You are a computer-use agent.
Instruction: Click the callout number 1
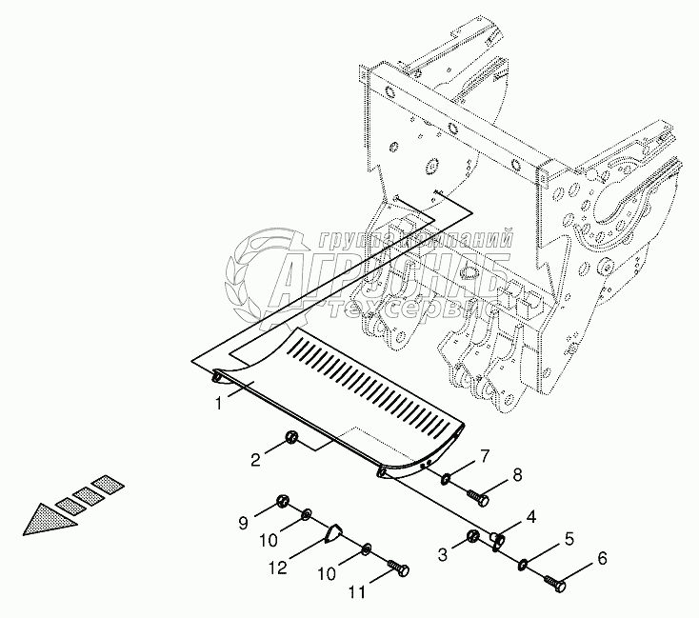pos(218,404)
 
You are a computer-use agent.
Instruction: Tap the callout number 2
pos(256,461)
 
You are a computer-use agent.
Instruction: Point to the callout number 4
pos(531,517)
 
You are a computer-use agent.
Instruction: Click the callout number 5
pos(569,539)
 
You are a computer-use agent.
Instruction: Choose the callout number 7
pos(485,456)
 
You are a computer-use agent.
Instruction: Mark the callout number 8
pos(517,474)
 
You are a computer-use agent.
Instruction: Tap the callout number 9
pos(243,522)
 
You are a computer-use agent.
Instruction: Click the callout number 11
pos(356,593)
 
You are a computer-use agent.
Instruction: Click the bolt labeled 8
pos(477,497)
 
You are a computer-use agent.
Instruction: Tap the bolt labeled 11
pos(400,569)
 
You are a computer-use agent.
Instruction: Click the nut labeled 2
pos(291,438)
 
